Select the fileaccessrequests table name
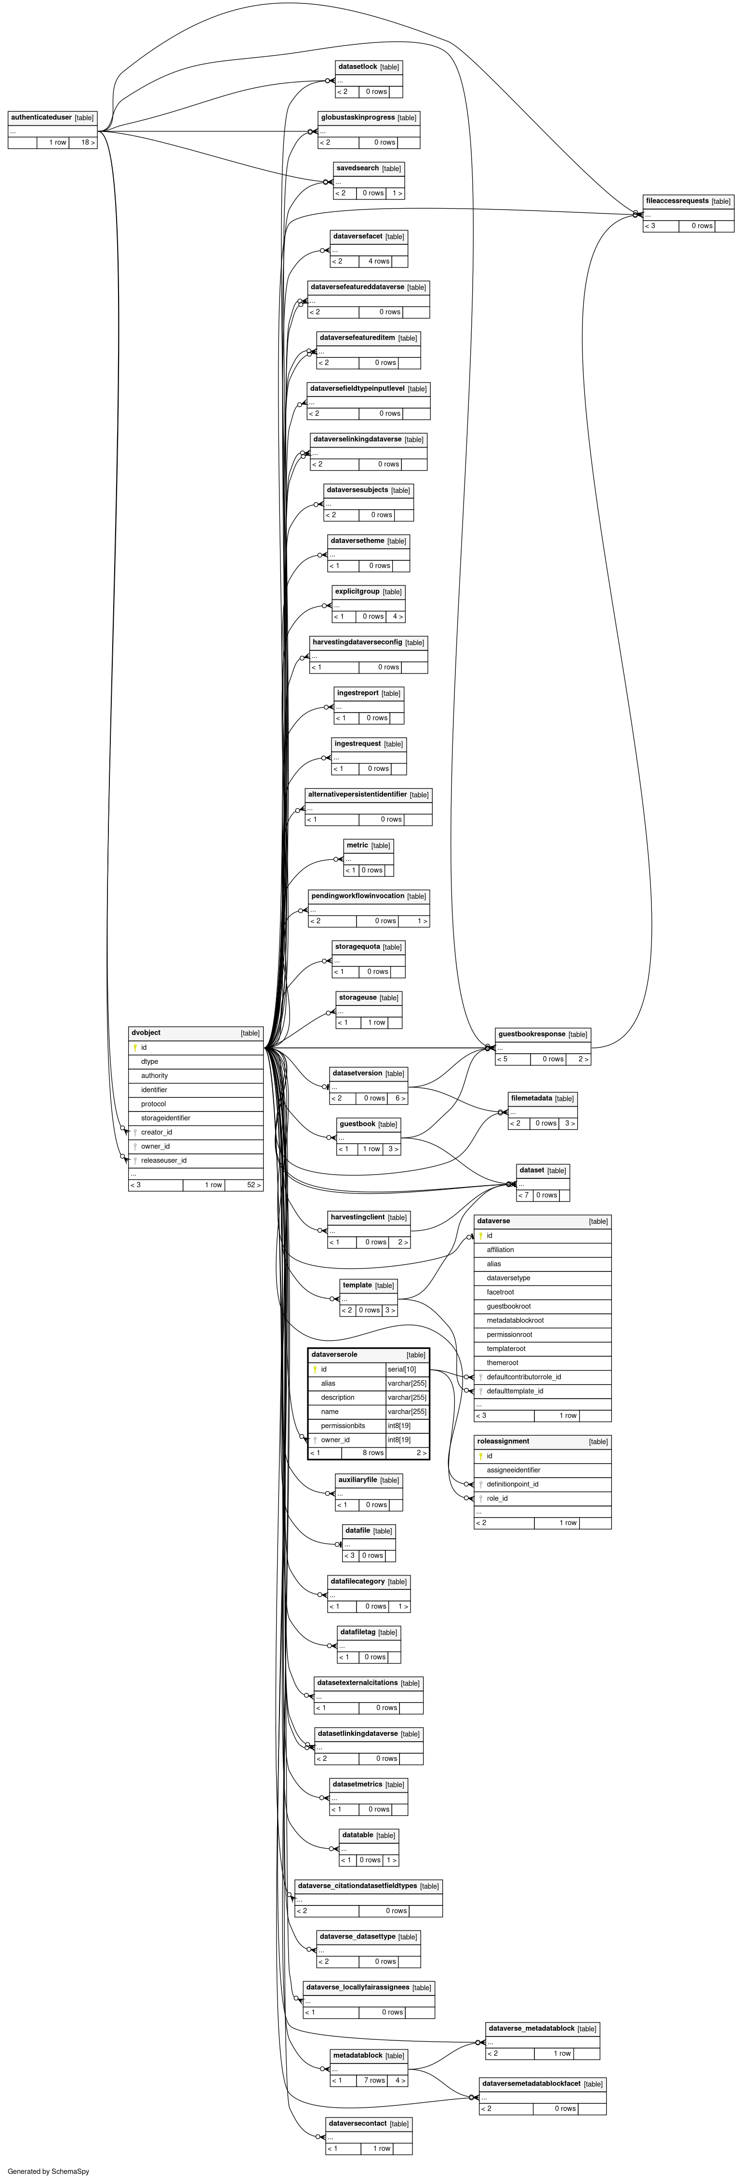[x=677, y=200]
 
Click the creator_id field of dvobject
[x=157, y=1132]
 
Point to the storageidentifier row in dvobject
[x=166, y=1118]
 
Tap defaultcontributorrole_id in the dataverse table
[x=523, y=1376]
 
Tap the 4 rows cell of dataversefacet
[x=380, y=261]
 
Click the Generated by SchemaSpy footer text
[x=48, y=2171]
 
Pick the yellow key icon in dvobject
[x=135, y=1047]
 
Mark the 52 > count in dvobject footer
[x=253, y=1185]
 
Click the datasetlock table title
[x=358, y=66]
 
